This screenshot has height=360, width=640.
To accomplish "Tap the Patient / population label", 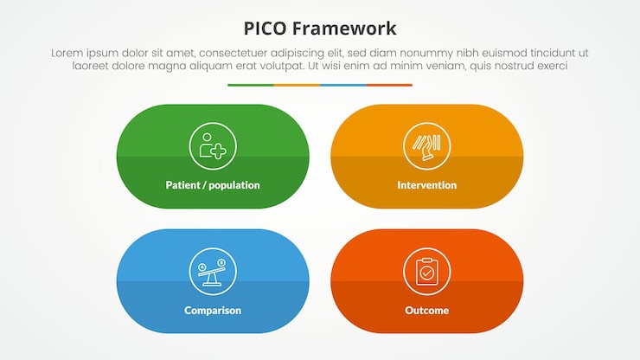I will (213, 185).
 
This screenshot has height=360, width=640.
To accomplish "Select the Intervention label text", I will (426, 185).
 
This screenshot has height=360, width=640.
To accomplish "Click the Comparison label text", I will (213, 310).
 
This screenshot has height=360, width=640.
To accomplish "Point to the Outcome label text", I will (426, 310).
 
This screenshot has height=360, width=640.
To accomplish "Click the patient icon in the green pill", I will (213, 146).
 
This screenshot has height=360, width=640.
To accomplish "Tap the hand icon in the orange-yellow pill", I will (426, 146).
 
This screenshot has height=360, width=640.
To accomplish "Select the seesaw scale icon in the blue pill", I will (213, 271).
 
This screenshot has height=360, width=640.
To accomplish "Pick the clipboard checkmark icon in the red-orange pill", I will (426, 271).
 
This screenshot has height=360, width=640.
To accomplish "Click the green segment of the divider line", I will (251, 85).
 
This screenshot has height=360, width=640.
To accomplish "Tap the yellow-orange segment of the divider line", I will (297, 85).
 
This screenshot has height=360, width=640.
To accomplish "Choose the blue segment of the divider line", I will (343, 85).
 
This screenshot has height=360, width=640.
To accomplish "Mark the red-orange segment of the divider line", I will (389, 85).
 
